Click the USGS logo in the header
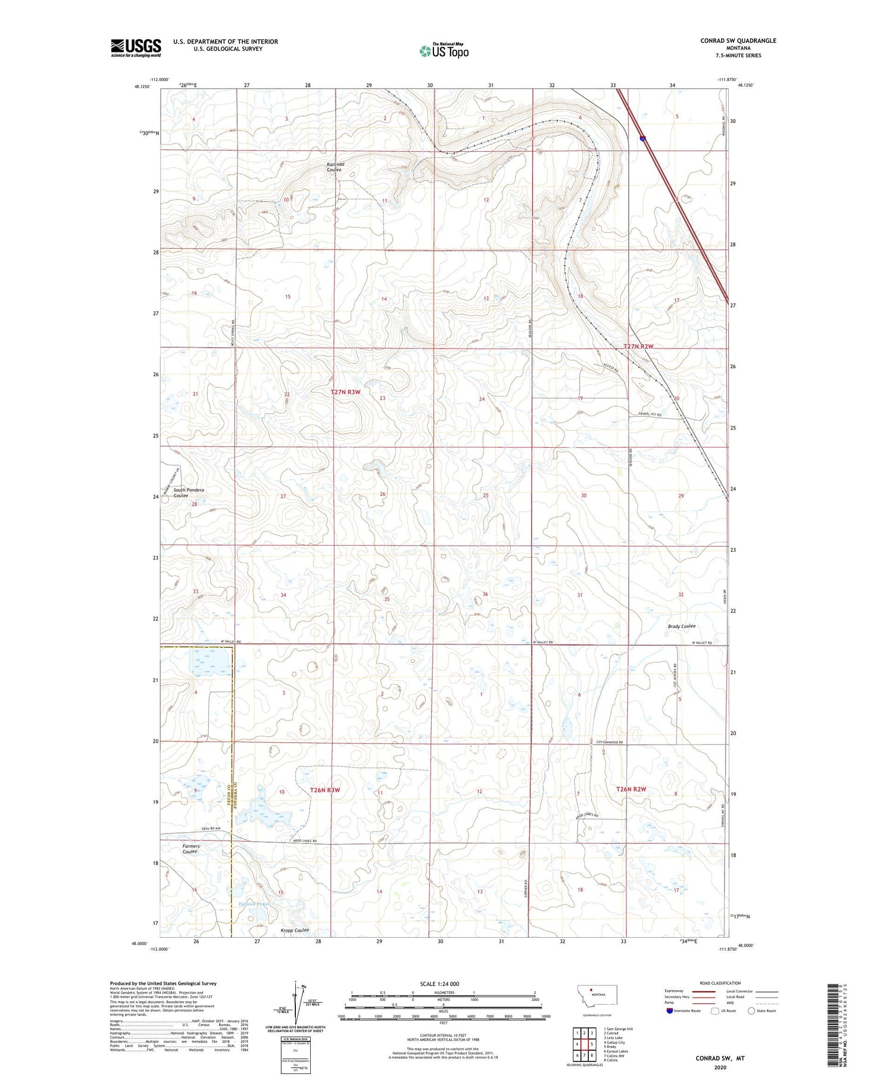(136, 48)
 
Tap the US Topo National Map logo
(444, 51)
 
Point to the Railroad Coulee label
(335, 167)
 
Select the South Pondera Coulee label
(189, 493)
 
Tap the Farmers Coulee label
(191, 849)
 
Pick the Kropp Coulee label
(295, 930)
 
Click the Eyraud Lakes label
(254, 904)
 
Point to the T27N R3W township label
(345, 392)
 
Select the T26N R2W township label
(631, 789)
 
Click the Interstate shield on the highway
(643, 138)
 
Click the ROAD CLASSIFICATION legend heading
(720, 983)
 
